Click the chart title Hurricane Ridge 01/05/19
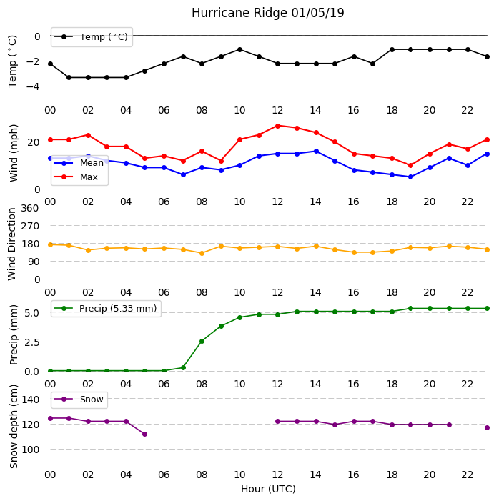coord(268,13)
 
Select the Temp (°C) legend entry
coord(91,37)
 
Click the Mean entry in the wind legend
coord(79,163)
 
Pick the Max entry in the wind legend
coord(76,177)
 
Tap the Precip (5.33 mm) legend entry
coord(106,308)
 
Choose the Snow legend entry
coord(79,400)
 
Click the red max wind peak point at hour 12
coord(277,127)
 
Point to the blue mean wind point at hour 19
coord(411,177)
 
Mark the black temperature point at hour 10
coord(239,50)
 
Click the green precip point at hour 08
coord(202,341)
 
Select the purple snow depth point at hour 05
coord(145,435)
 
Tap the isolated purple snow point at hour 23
coord(487,428)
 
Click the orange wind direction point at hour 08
coord(202,254)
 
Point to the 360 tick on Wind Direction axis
coord(30,208)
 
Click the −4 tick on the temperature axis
coord(32,86)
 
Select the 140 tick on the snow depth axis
coord(30,400)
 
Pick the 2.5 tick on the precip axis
coord(32,342)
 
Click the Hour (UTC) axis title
coord(268,489)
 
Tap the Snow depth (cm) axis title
coord(14,426)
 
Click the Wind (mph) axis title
coord(14,153)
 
